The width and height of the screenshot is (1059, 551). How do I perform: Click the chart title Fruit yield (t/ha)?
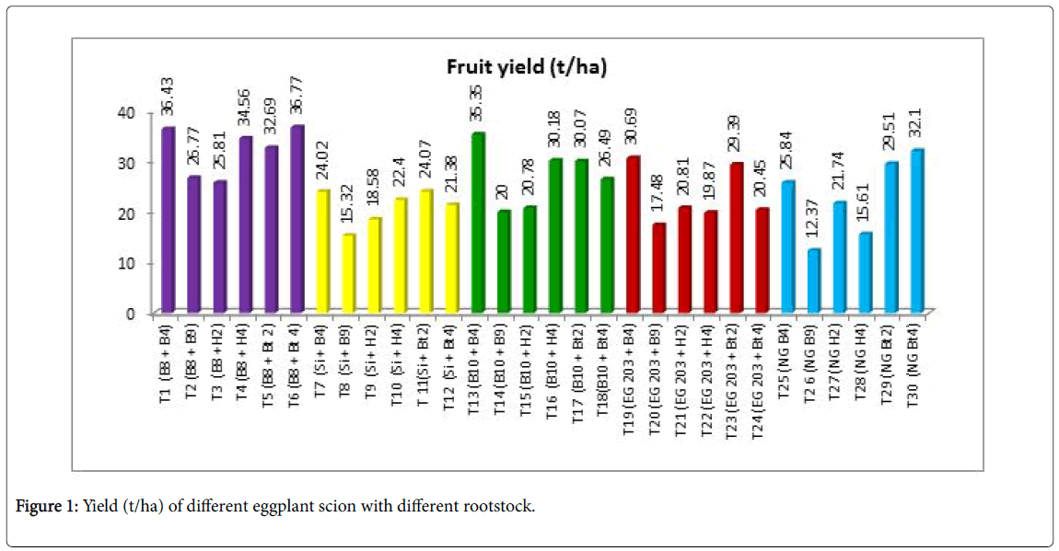pyautogui.click(x=528, y=66)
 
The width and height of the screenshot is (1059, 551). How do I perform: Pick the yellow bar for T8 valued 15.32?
pyautogui.click(x=348, y=273)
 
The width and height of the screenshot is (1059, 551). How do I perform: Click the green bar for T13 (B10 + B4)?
pyautogui.click(x=477, y=223)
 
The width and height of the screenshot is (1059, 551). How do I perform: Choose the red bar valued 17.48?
pyautogui.click(x=658, y=268)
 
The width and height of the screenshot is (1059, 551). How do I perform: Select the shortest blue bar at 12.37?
pyautogui.click(x=812, y=281)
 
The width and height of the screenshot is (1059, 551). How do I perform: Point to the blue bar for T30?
pyautogui.click(x=915, y=230)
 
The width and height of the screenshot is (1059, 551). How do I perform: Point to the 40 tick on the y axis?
pyautogui.click(x=126, y=111)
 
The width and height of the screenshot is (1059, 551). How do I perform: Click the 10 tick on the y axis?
pyautogui.click(x=126, y=263)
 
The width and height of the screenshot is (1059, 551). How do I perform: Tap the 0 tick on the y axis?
pyautogui.click(x=130, y=314)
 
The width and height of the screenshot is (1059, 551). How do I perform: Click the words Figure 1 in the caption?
pyautogui.click(x=49, y=506)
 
